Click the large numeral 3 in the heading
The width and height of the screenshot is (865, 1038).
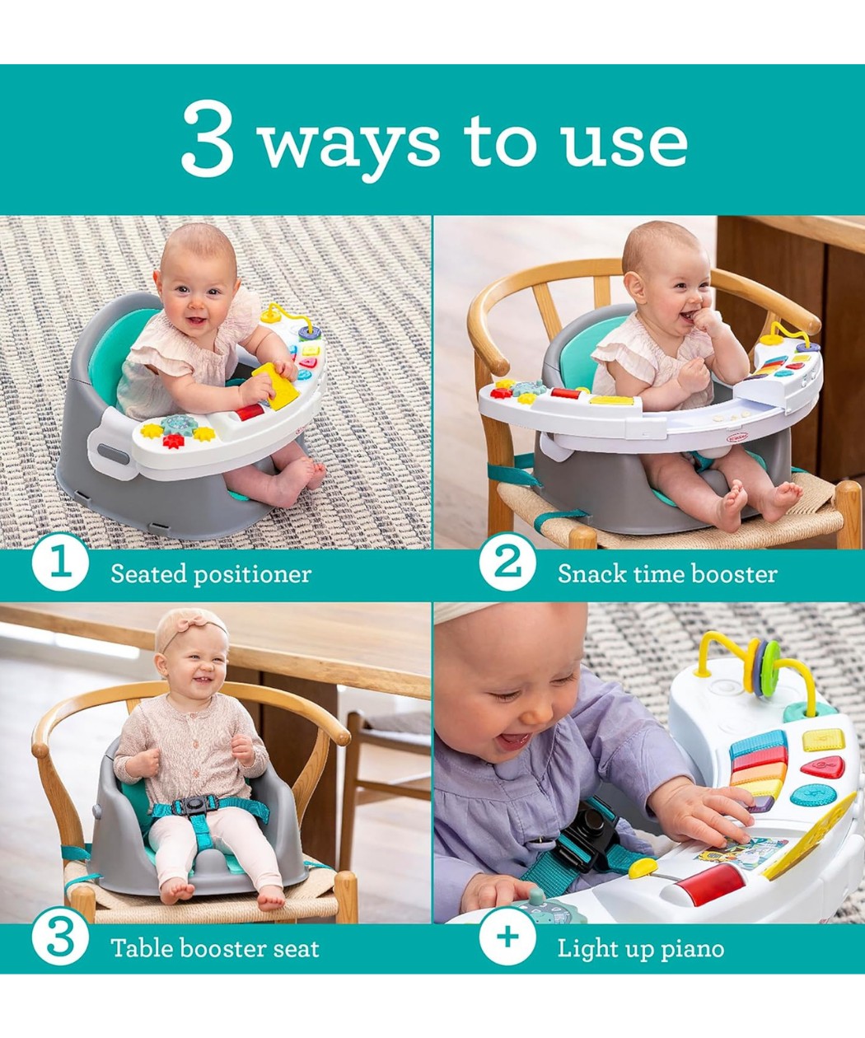tap(208, 138)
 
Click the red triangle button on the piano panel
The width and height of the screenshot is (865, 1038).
tap(823, 768)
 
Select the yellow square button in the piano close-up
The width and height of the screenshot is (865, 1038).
tap(824, 741)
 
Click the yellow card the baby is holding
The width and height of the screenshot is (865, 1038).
tap(276, 386)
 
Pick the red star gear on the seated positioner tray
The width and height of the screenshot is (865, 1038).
tap(173, 439)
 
